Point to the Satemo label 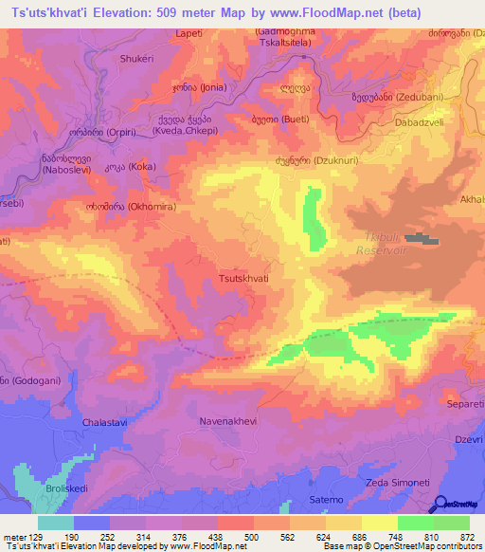[326, 499]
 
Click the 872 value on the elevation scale [467, 536]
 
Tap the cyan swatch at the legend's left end [56, 523]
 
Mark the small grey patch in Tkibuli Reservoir [422, 240]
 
